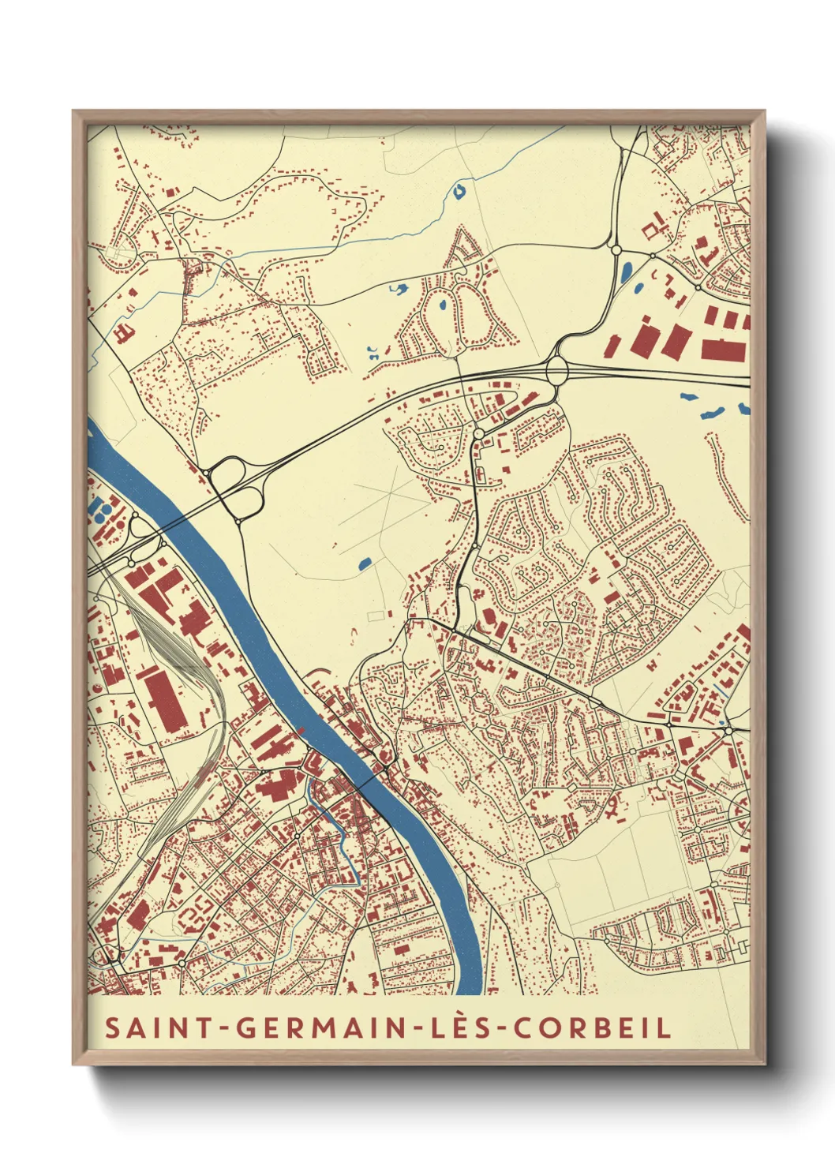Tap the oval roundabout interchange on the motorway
(557, 369)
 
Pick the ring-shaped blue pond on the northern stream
(459, 190)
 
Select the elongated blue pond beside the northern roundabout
(627, 272)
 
